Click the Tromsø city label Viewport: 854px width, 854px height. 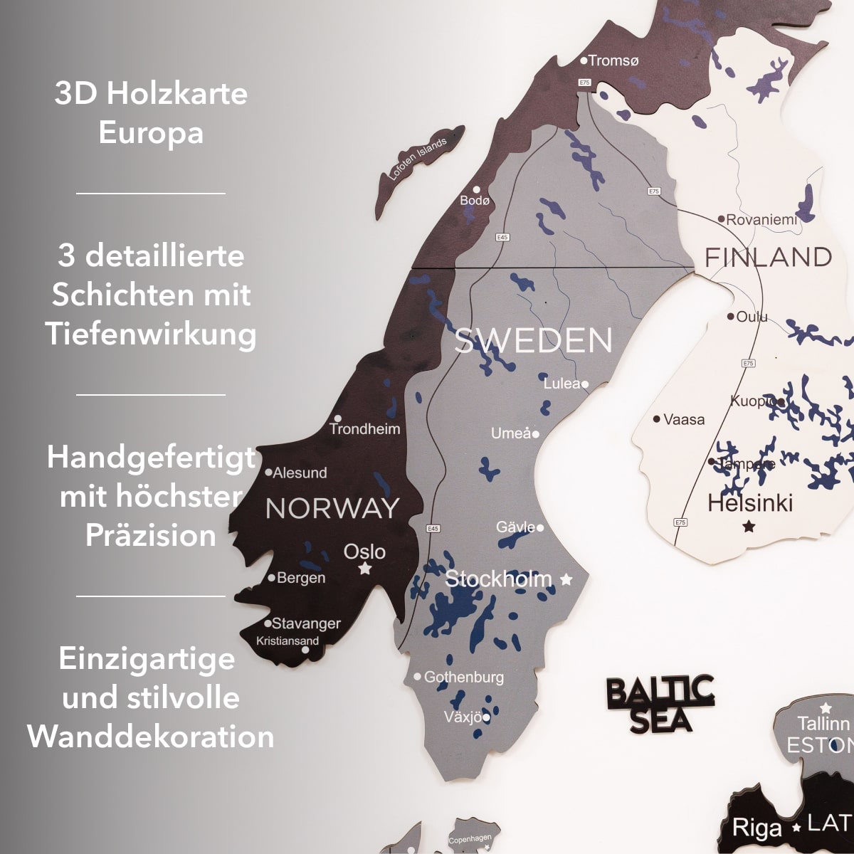coord(613,60)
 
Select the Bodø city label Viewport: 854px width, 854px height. coord(475,200)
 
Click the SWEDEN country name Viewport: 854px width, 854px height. coord(533,341)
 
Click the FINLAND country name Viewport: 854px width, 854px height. coord(768,257)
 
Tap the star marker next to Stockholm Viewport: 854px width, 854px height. coord(566,579)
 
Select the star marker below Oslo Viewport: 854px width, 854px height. coord(365,569)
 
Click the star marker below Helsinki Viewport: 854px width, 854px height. coord(749,527)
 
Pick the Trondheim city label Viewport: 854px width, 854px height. coord(364,428)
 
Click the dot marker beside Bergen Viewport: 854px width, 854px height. coord(271,578)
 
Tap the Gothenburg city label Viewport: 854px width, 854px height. coord(463,677)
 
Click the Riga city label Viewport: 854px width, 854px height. coord(757,828)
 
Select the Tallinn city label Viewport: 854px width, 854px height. coord(823,724)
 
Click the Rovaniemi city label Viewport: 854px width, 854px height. coord(761,220)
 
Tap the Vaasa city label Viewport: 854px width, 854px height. coord(683,419)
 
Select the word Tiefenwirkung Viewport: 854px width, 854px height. coord(151,334)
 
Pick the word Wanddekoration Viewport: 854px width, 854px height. coord(151,737)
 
